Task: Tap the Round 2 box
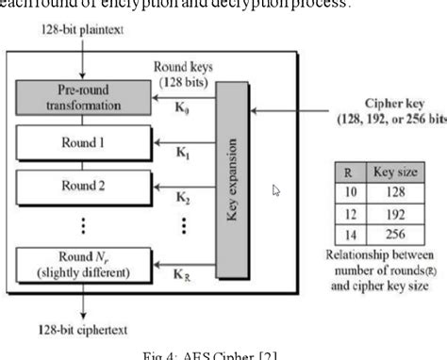pos(84,186)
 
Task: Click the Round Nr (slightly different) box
pos(84,267)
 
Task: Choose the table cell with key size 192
pos(396,215)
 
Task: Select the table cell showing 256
pos(396,235)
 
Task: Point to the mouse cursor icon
pos(275,190)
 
